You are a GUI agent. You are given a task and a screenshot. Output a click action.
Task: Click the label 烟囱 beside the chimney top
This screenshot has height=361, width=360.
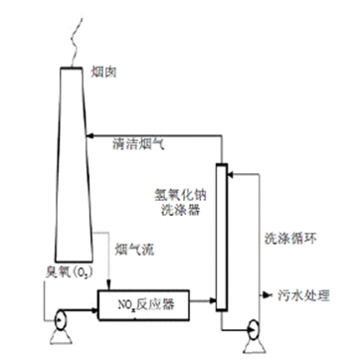(103, 73)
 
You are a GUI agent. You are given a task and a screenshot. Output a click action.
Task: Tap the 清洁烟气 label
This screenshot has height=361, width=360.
(138, 145)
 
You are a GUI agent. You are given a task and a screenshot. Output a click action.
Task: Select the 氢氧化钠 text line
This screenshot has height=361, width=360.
(180, 195)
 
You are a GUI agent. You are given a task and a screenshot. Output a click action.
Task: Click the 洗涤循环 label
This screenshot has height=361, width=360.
(290, 238)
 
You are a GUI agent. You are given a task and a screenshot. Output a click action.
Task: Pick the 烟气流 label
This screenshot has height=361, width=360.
(134, 250)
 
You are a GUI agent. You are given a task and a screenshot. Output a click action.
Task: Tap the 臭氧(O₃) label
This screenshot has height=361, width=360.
(69, 272)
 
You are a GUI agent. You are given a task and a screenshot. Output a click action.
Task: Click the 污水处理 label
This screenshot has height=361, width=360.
(304, 294)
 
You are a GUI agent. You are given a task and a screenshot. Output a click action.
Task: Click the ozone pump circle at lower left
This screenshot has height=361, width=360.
(61, 319)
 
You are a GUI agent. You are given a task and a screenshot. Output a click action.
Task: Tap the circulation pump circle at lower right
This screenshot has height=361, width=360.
(254, 330)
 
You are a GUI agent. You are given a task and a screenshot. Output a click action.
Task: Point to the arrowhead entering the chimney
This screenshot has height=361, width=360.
(90, 135)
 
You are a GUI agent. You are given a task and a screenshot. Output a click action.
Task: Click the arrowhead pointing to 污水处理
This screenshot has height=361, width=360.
(268, 294)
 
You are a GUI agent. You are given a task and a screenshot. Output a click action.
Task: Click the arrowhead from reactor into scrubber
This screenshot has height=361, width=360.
(213, 300)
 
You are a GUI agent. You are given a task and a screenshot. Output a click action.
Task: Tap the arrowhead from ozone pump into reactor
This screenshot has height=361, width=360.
(94, 310)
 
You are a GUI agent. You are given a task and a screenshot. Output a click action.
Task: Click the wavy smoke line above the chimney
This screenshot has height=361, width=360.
(77, 42)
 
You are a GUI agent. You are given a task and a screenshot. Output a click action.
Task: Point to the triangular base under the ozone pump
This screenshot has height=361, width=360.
(61, 337)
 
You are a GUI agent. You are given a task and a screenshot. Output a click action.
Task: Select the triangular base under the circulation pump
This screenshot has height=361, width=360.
(254, 346)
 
